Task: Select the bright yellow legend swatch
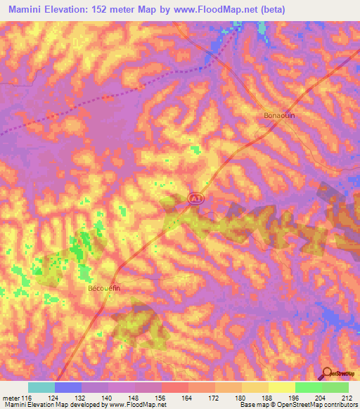281,388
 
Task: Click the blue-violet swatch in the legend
68,388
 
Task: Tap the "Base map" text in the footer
253,405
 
